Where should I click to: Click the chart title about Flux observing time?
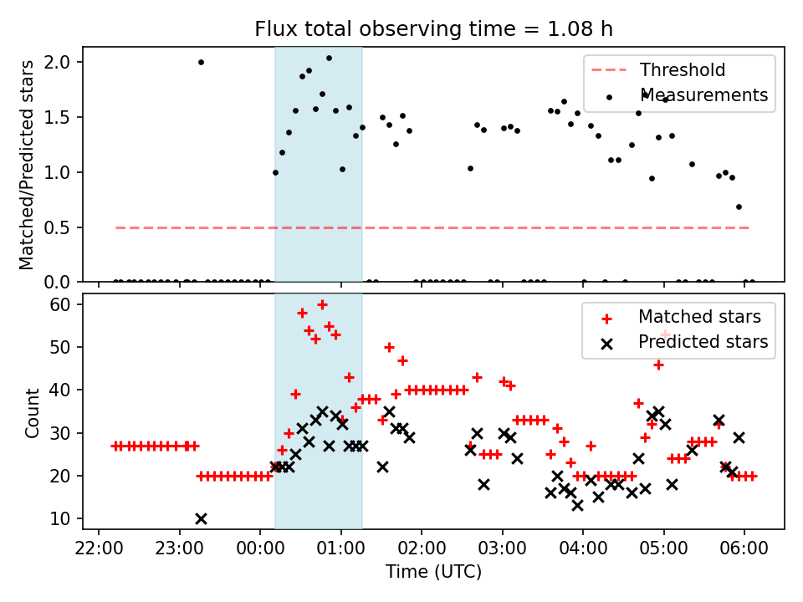(433, 29)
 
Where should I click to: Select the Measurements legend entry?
(703, 95)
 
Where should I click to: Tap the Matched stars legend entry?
(699, 317)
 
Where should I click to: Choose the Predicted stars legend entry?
(703, 342)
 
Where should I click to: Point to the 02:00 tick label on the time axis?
(422, 548)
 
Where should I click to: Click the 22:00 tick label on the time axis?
(99, 548)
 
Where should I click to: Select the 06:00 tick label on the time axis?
(744, 548)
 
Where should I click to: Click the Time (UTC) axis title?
(433, 572)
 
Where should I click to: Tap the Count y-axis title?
(32, 412)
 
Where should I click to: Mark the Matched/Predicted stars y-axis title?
(28, 165)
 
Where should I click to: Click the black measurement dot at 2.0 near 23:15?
(201, 62)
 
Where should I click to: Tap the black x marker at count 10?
(201, 518)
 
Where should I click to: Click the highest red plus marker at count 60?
(322, 304)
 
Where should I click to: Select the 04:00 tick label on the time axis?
(583, 548)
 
